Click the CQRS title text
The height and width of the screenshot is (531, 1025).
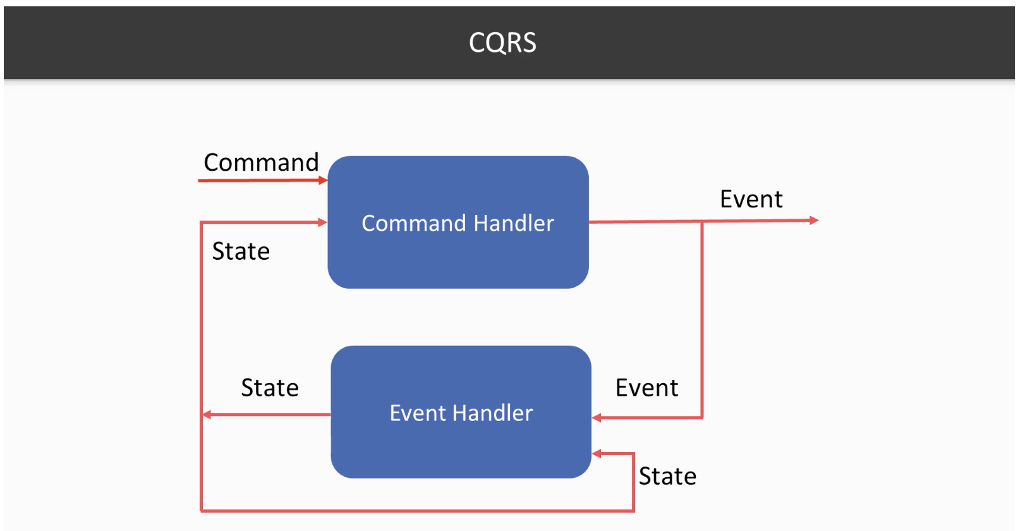[502, 42]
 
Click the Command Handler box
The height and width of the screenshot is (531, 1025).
[458, 223]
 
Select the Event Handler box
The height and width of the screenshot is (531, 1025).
[461, 412]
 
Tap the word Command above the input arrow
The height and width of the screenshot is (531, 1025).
[261, 162]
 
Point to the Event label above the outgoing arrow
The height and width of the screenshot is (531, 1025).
[751, 199]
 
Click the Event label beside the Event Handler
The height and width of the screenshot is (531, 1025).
[646, 388]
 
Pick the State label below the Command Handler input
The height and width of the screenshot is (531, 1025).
[241, 252]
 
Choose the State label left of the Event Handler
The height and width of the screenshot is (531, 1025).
[270, 388]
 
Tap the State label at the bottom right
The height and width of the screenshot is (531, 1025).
[667, 476]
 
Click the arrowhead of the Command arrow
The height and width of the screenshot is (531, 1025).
[323, 180]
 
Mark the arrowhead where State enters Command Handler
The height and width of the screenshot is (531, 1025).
[323, 223]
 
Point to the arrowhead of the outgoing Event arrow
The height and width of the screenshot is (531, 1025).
[814, 221]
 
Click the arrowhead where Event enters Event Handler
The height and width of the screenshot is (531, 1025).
[597, 417]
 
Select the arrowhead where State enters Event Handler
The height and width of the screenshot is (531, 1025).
[597, 454]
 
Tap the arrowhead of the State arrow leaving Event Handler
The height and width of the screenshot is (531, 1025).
[207, 415]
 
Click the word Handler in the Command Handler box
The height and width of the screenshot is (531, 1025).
[514, 223]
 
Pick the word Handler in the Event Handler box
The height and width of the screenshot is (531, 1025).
[493, 413]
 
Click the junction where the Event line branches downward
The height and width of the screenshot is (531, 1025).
[702, 222]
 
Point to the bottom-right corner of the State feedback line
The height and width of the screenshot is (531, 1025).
[634, 510]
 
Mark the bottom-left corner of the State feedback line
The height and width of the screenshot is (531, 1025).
[202, 510]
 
